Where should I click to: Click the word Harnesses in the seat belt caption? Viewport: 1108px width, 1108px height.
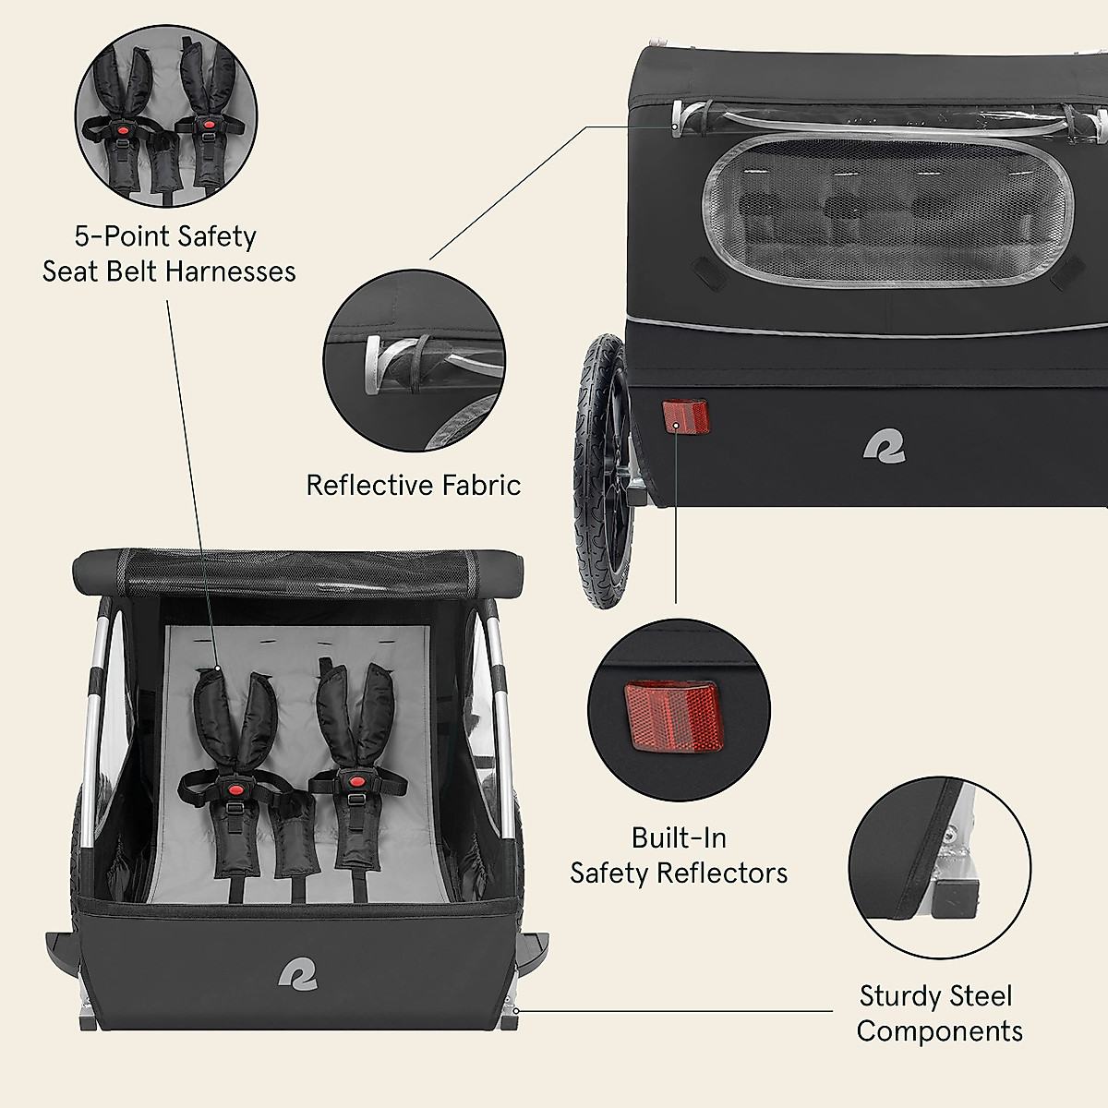coord(232,271)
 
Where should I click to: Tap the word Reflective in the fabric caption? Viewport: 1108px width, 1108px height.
coord(369,486)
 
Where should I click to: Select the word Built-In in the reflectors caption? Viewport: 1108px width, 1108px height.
coord(679,838)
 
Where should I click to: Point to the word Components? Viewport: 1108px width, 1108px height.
coord(939,1031)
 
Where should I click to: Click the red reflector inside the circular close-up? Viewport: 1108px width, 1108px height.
coord(671,714)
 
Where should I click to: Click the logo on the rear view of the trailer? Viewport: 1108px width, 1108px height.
coord(884,446)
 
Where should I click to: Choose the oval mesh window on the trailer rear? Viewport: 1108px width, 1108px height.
coord(888,209)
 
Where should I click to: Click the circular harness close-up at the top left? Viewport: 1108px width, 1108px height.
coord(166,115)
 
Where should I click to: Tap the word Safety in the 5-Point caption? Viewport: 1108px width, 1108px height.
coord(216,237)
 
